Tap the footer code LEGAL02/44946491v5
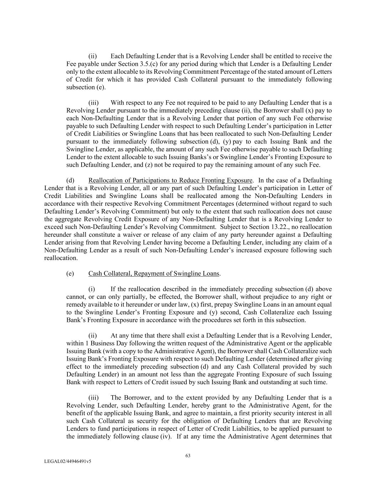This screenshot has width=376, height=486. tap(68, 461)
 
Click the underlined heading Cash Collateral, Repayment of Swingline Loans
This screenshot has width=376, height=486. tap(154, 273)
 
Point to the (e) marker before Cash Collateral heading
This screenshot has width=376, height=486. tap(70, 273)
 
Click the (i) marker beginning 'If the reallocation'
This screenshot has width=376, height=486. tap(92, 289)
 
